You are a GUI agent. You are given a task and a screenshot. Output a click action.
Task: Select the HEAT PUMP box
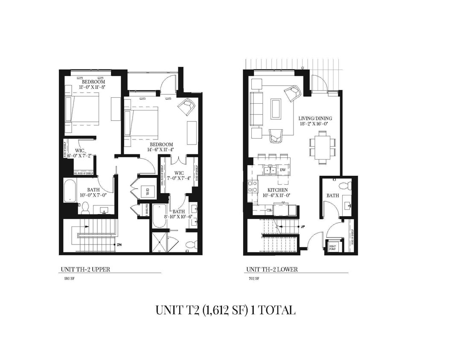[332, 247]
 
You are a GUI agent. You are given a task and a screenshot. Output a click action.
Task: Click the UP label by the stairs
[303, 226]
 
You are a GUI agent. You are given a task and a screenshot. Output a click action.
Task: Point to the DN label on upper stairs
[119, 245]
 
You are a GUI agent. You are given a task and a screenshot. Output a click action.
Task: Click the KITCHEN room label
[277, 190]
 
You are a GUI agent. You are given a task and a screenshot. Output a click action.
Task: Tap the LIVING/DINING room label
[315, 119]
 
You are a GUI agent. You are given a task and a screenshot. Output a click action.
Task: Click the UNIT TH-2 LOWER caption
[271, 269]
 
